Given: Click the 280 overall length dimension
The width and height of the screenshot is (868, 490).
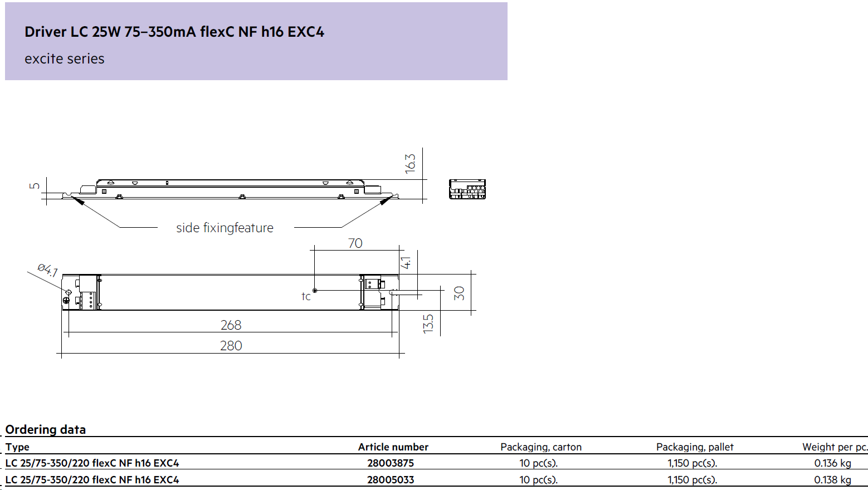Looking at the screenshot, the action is click(x=231, y=346).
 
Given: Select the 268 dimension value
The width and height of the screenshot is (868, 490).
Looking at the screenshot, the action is click(x=231, y=325).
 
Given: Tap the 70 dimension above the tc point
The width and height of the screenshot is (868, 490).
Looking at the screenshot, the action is click(x=355, y=243).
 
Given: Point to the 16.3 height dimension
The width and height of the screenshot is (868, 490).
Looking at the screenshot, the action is click(x=410, y=164).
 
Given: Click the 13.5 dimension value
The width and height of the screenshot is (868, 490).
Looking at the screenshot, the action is click(x=428, y=324).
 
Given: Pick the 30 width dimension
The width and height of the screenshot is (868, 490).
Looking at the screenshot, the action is click(x=459, y=293).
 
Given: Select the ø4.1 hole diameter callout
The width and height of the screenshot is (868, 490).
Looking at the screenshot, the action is click(x=48, y=269).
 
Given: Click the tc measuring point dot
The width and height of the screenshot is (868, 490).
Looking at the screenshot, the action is click(x=315, y=291).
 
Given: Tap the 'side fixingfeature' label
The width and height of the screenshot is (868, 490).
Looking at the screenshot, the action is click(x=225, y=228).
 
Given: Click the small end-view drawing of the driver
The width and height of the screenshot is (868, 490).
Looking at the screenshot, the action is click(x=467, y=189).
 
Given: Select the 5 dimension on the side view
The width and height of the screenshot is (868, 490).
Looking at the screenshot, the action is click(x=35, y=186).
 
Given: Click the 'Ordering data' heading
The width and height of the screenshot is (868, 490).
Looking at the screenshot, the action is click(x=45, y=429).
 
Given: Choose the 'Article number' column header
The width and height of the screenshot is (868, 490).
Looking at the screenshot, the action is click(x=393, y=447).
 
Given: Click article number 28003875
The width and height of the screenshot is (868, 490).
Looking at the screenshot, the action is click(x=391, y=463).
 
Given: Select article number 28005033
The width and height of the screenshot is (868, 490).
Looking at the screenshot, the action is click(x=391, y=480).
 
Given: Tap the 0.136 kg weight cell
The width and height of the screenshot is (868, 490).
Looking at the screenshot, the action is click(x=833, y=463).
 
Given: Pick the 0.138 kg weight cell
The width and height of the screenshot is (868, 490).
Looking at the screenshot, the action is click(x=833, y=480).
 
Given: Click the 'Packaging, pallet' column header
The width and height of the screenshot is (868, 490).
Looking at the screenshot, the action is click(x=695, y=447).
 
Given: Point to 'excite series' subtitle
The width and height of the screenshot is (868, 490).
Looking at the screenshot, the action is click(x=64, y=59).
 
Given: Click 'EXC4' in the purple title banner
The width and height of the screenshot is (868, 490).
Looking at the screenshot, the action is click(x=306, y=32).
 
